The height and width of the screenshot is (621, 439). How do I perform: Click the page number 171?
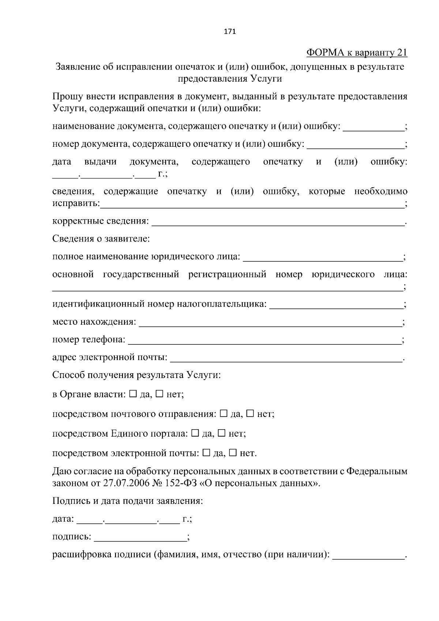coord(230,31)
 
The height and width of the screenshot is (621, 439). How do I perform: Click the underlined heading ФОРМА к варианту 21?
coord(356,53)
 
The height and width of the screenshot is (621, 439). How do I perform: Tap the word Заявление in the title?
coord(78,67)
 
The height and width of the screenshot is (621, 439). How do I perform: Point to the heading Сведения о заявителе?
coord(101,239)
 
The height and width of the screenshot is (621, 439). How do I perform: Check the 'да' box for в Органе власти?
coord(133,394)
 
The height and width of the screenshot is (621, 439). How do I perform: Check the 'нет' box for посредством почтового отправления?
coord(250,414)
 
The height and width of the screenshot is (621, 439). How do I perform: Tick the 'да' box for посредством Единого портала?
coord(195,433)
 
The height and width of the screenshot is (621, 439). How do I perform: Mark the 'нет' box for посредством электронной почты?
coord(233,453)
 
